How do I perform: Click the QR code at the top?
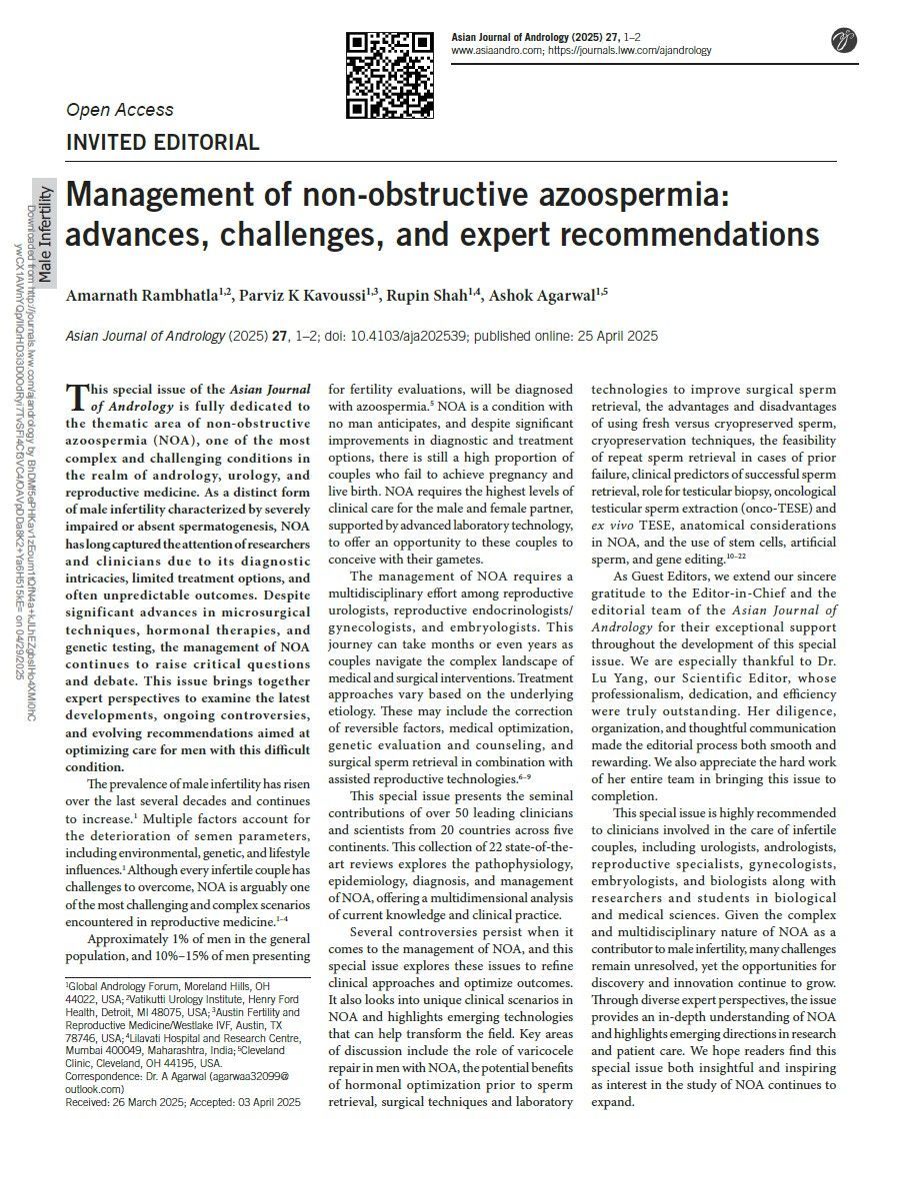(390, 75)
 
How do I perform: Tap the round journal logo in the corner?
(845, 41)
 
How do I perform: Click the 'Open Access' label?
(119, 110)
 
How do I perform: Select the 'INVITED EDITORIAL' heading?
(162, 142)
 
